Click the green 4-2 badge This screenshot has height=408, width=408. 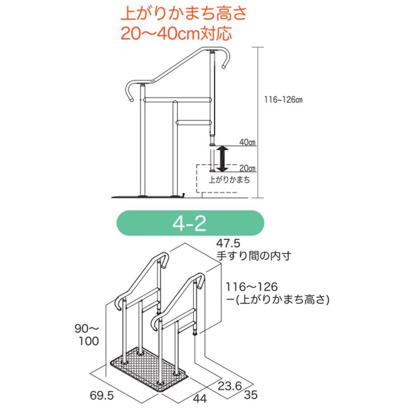[190, 223]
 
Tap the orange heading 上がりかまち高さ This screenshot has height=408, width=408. [184, 14]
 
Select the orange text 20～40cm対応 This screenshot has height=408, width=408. [176, 33]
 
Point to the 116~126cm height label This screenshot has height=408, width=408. [283, 100]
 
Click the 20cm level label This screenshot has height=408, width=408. [248, 168]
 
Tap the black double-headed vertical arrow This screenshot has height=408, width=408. [223, 159]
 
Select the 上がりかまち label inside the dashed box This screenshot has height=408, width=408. [229, 180]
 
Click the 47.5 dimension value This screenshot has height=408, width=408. [228, 243]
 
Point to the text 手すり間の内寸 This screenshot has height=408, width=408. [254, 256]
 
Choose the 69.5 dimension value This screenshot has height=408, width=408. [102, 395]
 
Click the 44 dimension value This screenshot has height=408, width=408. [200, 398]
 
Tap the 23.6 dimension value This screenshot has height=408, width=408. [230, 386]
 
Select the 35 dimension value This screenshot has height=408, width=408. [251, 395]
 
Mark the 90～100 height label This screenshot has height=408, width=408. [87, 335]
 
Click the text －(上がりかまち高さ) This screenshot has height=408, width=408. [277, 300]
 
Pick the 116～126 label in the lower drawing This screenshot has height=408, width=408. [252, 287]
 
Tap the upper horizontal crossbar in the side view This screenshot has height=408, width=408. [177, 100]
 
